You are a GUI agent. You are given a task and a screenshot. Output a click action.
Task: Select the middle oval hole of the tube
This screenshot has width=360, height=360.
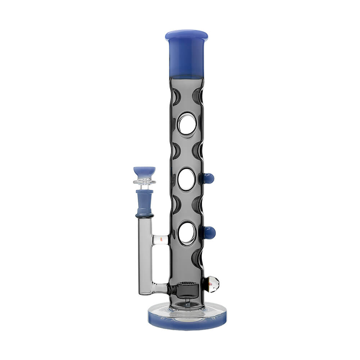click(186, 179)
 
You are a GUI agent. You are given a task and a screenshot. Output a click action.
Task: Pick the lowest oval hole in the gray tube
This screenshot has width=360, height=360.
click(187, 233)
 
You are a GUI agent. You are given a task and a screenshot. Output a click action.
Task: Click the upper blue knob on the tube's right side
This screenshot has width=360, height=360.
click(208, 178)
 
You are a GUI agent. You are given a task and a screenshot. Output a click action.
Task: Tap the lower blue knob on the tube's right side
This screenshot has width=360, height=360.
click(209, 233)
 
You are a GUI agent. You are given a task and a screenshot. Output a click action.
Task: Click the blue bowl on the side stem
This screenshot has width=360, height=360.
click(144, 172)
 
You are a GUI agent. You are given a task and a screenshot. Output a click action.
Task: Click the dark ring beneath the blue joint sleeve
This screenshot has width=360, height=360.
click(144, 216)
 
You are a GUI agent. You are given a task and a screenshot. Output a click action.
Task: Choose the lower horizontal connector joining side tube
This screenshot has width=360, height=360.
click(160, 288)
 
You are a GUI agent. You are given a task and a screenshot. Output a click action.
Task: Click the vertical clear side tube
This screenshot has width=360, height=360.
click(145, 256)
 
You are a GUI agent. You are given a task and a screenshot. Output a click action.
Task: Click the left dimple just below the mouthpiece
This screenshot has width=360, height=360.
click(176, 96)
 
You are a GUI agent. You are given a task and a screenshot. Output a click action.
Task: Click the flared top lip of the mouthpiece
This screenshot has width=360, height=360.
click(186, 35)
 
